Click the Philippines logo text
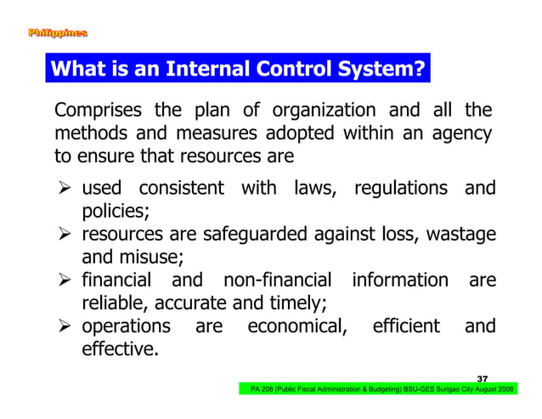57,34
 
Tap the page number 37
483,377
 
